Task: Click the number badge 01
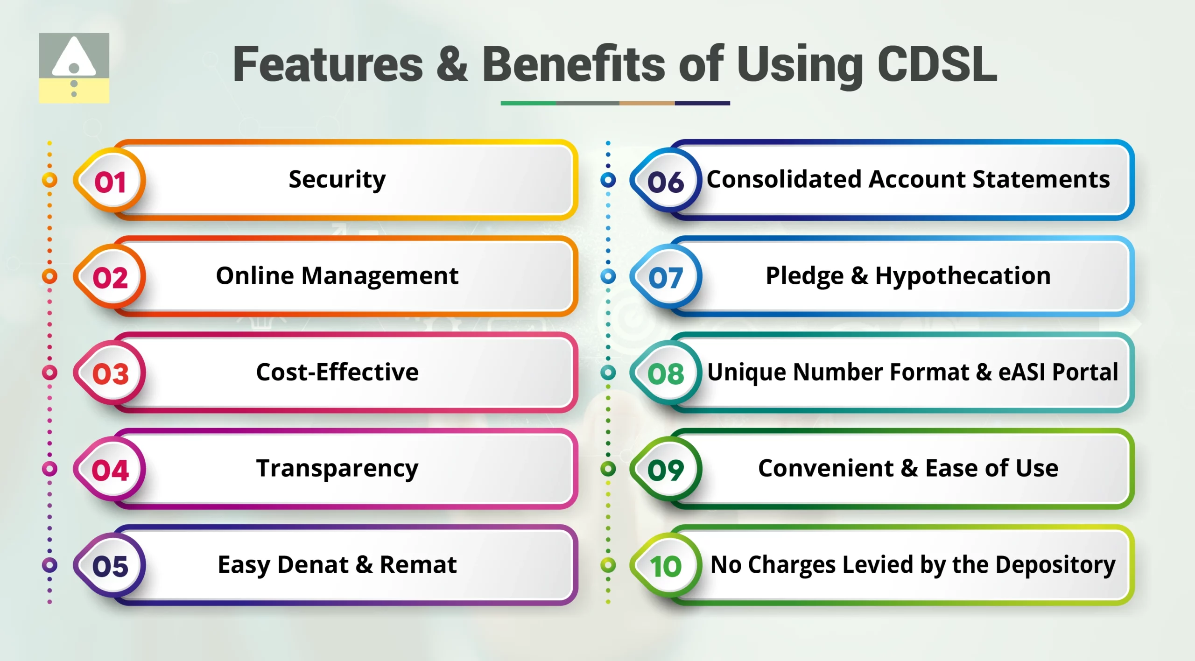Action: point(110,181)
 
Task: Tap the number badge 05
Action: point(110,566)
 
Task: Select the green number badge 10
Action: point(666,566)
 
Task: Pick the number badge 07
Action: point(666,277)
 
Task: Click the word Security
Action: point(337,180)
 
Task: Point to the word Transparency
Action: point(337,469)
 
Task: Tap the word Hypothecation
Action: point(963,276)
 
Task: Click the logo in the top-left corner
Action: point(74,68)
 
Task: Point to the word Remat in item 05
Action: point(418,565)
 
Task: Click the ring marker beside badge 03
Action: point(49,373)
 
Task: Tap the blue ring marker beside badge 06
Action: point(608,180)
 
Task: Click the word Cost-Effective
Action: point(337,373)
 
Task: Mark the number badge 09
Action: point(666,469)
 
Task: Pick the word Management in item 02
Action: point(380,276)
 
